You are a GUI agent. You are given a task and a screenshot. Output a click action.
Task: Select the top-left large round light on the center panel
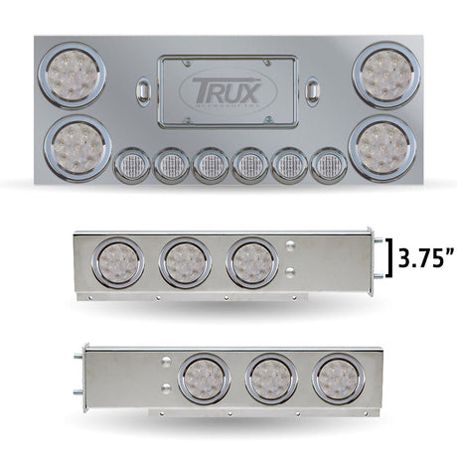[x=72, y=76]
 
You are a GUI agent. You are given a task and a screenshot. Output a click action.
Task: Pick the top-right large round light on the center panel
[x=386, y=76]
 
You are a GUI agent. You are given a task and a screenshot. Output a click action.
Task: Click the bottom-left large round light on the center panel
[x=77, y=149]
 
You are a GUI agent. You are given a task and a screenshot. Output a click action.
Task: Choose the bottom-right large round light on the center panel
[x=382, y=149]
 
